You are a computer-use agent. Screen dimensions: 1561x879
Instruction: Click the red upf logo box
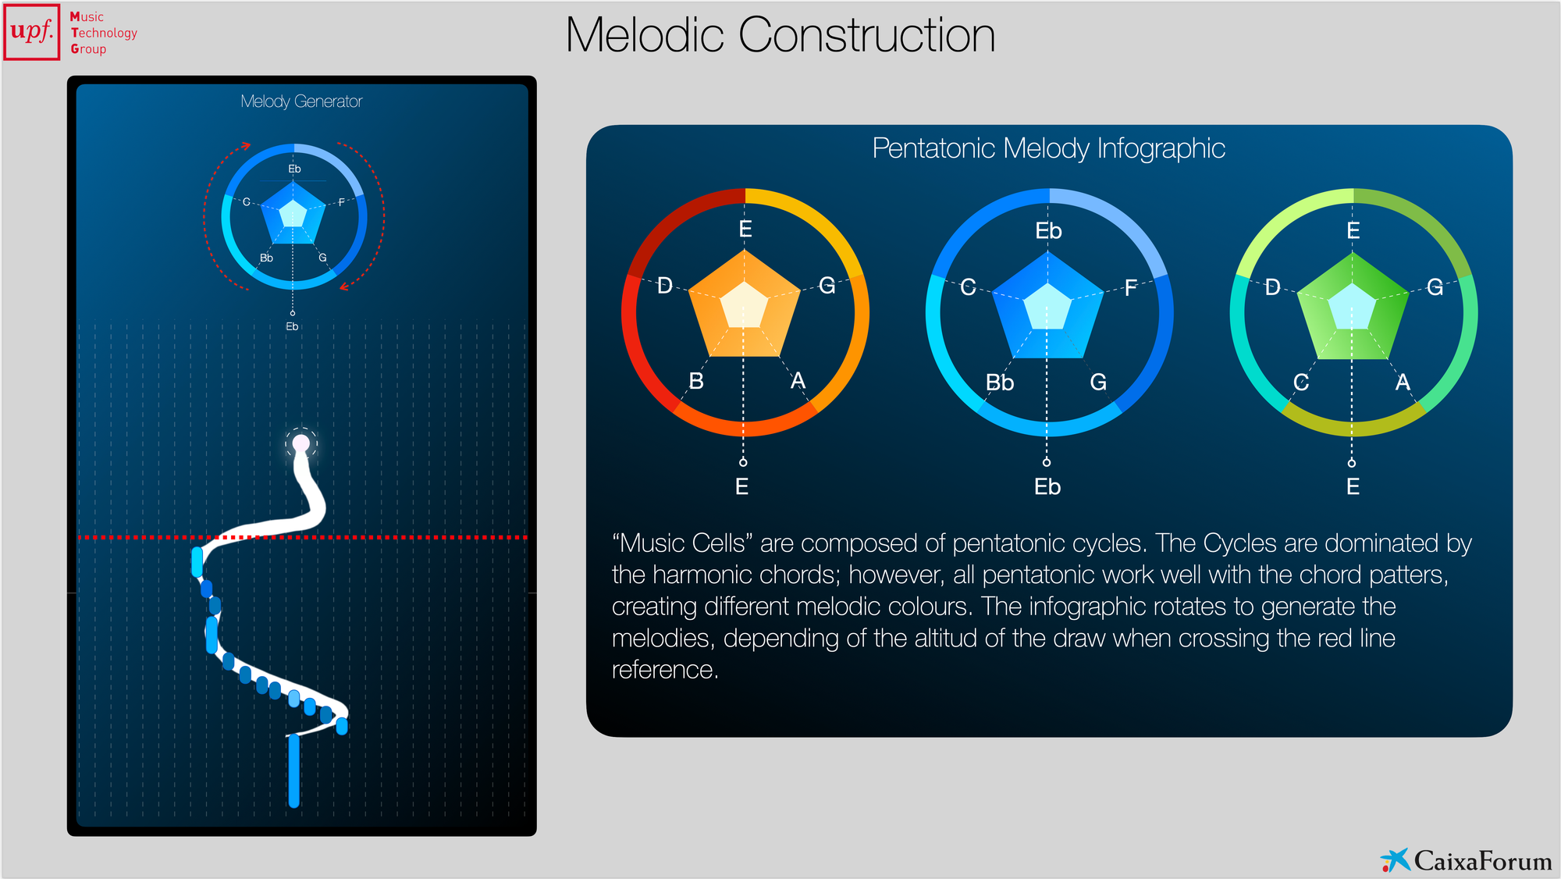click(32, 32)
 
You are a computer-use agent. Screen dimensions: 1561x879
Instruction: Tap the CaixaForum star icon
click(1395, 859)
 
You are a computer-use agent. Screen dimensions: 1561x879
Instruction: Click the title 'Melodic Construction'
click(780, 35)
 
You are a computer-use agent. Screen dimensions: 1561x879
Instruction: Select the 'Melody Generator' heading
click(301, 101)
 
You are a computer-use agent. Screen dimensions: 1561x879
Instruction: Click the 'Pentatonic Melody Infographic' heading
click(1048, 148)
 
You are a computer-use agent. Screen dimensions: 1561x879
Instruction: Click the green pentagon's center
click(1352, 306)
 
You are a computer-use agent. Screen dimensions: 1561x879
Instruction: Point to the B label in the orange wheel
click(696, 381)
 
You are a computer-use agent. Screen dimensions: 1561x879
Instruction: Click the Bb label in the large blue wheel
click(999, 383)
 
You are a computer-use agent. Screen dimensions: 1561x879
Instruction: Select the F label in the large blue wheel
click(1130, 289)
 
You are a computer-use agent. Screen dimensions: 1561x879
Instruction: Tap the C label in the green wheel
click(1301, 383)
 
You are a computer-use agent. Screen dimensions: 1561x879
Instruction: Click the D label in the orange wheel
click(665, 286)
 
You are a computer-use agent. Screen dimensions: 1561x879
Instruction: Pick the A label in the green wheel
click(1403, 383)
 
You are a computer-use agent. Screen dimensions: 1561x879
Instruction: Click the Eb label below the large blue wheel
click(1047, 487)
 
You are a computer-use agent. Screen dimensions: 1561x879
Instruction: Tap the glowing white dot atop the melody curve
click(300, 444)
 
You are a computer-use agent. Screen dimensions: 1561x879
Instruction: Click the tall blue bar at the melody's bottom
click(293, 770)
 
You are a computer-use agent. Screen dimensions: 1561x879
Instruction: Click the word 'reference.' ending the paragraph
click(665, 670)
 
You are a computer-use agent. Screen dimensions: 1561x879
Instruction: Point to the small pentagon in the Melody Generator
click(293, 213)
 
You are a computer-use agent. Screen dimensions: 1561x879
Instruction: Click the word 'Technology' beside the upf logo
click(104, 33)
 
